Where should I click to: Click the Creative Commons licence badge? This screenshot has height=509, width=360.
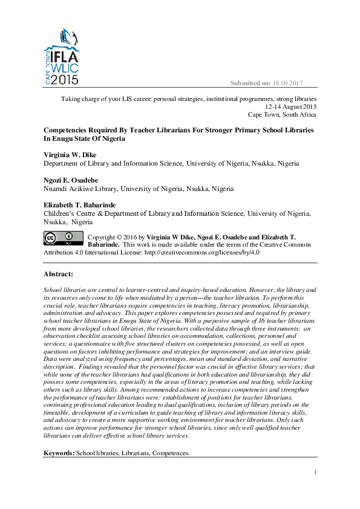(x=63, y=237)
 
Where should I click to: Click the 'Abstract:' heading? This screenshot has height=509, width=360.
(x=59, y=274)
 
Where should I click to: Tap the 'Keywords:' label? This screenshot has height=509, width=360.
(x=59, y=453)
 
